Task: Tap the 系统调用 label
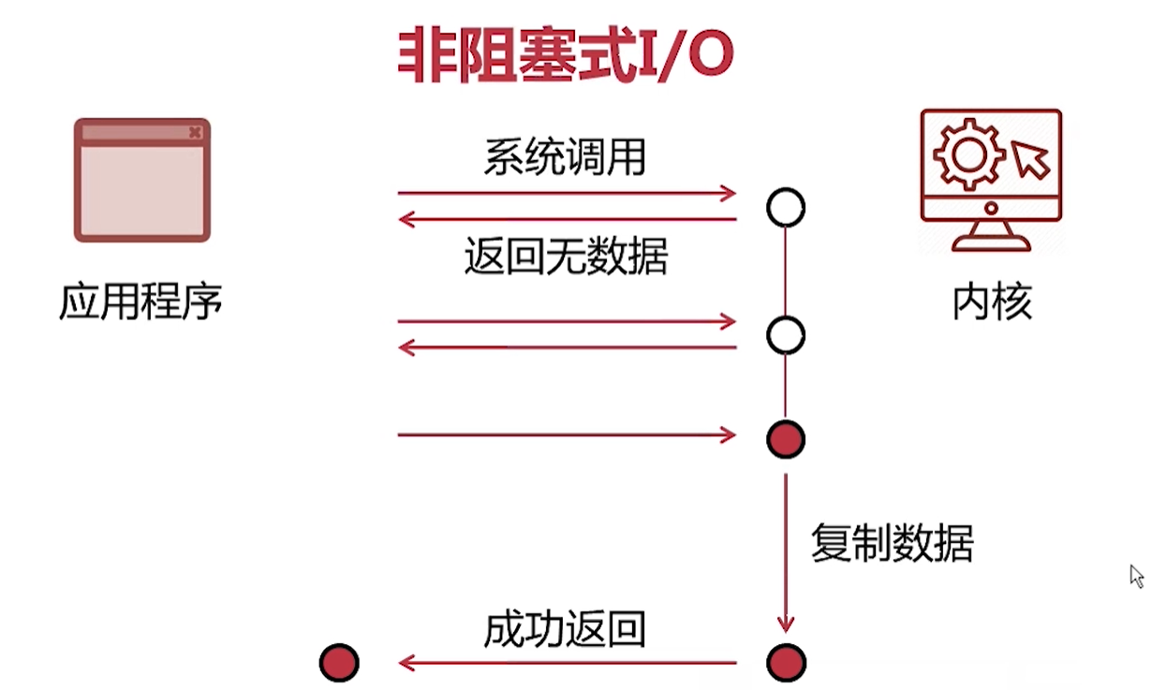(x=565, y=157)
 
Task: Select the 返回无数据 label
(x=566, y=256)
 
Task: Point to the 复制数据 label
(x=893, y=542)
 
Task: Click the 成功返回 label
(x=565, y=630)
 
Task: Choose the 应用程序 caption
(x=140, y=301)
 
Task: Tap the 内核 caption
(x=992, y=301)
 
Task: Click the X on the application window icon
(x=195, y=132)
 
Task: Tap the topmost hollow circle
(x=786, y=207)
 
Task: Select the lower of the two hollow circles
(x=786, y=334)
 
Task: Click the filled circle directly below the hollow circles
(x=786, y=437)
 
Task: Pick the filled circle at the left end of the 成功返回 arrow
(x=339, y=663)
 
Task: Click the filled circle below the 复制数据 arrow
(x=786, y=663)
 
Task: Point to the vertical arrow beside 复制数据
(x=786, y=552)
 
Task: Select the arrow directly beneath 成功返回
(x=567, y=664)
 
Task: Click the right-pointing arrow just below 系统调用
(x=567, y=194)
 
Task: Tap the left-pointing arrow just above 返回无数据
(x=567, y=220)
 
